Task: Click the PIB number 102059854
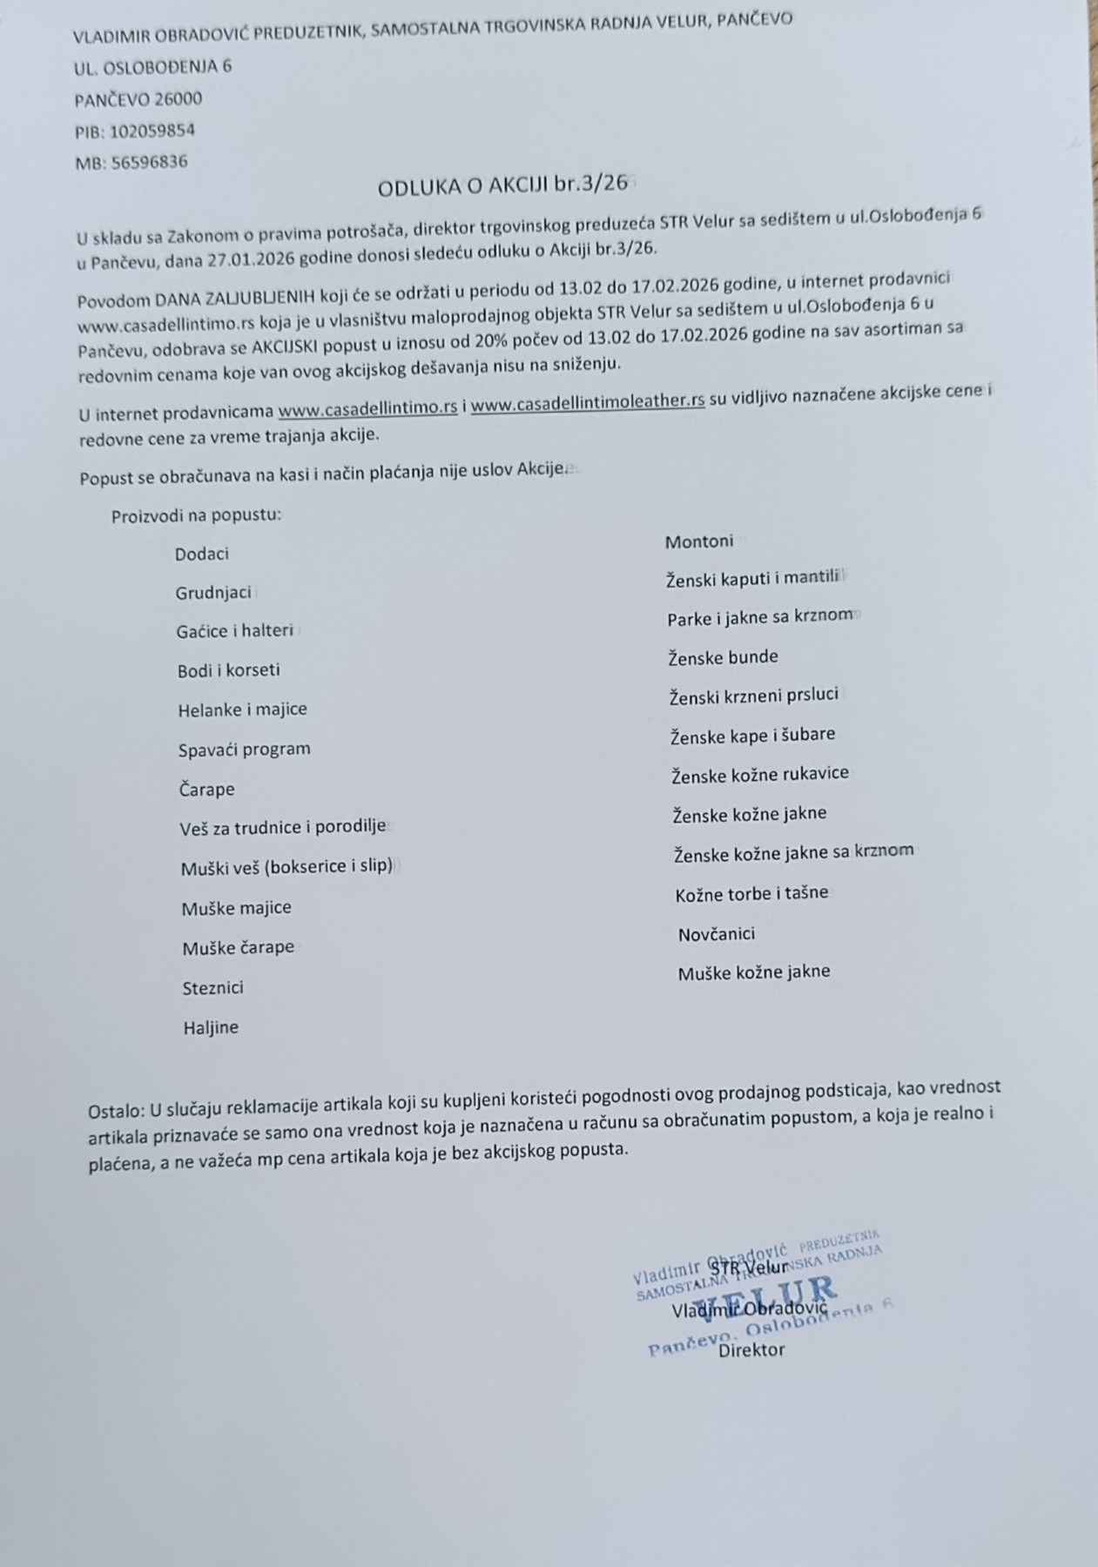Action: tap(152, 131)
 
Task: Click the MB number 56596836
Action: tap(149, 162)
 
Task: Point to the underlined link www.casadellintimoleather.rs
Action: tap(588, 403)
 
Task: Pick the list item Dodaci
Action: tap(201, 555)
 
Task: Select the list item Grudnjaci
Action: tap(213, 593)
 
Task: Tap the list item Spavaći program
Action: tap(244, 750)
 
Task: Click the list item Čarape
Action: tap(206, 790)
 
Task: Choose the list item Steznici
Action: tap(212, 988)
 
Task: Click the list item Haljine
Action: tap(211, 1027)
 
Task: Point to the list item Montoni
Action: tap(699, 541)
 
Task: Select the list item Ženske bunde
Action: tap(723, 657)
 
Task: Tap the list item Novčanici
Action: tap(717, 934)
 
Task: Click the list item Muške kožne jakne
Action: tap(754, 972)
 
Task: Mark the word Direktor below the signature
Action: tap(751, 1350)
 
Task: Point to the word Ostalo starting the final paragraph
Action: tap(116, 1111)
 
